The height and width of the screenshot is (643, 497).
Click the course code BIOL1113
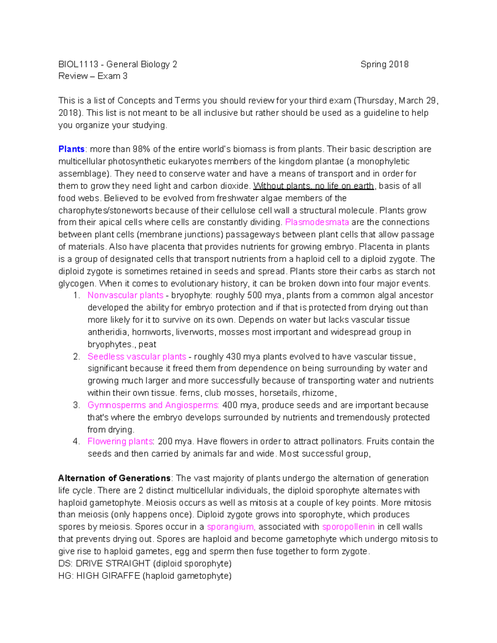tap(78, 64)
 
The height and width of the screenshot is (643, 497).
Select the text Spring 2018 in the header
tap(384, 64)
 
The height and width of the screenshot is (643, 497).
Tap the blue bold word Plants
tap(71, 149)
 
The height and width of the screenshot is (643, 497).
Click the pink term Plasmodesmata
tap(317, 222)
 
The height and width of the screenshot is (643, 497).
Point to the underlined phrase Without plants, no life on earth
tap(314, 186)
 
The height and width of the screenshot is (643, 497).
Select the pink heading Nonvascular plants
tap(125, 295)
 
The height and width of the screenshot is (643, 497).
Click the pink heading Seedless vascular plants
tap(137, 356)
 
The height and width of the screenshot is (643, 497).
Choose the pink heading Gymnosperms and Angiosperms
tap(153, 405)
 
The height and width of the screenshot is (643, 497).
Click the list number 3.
tap(76, 405)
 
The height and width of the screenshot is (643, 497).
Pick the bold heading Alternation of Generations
tap(114, 478)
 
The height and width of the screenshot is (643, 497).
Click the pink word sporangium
tap(231, 527)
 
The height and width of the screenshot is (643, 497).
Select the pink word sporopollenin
tap(348, 527)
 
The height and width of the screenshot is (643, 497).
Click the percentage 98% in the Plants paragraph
tap(141, 149)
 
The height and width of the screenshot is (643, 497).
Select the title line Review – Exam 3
tap(93, 76)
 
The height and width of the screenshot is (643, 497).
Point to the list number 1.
tap(76, 295)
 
